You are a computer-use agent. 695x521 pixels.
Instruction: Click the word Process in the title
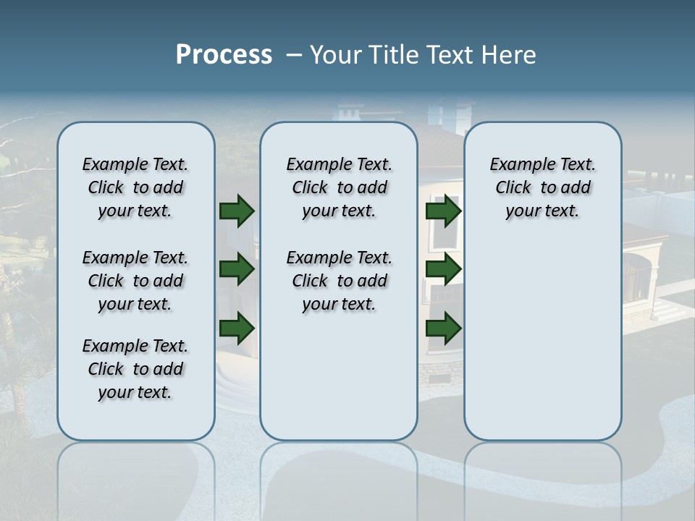point(224,55)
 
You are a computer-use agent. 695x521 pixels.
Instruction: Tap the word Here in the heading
point(506,55)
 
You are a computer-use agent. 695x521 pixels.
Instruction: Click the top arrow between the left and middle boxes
point(237,211)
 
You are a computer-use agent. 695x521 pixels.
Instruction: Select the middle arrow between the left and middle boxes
point(237,269)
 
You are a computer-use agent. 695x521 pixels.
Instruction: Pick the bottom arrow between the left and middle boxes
point(237,328)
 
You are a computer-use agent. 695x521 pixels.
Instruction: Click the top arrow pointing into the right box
point(443,211)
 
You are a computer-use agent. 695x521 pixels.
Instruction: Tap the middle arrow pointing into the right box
point(443,269)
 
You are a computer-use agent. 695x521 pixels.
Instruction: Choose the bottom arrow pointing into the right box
point(443,328)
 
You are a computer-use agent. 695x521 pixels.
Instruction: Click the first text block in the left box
point(135,187)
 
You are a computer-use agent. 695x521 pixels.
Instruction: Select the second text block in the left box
point(135,281)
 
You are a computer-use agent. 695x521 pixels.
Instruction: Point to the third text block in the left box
point(135,369)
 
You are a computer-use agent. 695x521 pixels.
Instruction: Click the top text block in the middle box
point(339,187)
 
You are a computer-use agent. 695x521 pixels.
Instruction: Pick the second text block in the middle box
point(339,281)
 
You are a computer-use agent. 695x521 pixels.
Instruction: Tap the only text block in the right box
point(542,187)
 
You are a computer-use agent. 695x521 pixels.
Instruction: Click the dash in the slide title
point(294,55)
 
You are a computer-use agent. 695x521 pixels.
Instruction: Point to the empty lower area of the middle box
point(339,376)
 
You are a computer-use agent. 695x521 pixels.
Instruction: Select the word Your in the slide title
point(336,55)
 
